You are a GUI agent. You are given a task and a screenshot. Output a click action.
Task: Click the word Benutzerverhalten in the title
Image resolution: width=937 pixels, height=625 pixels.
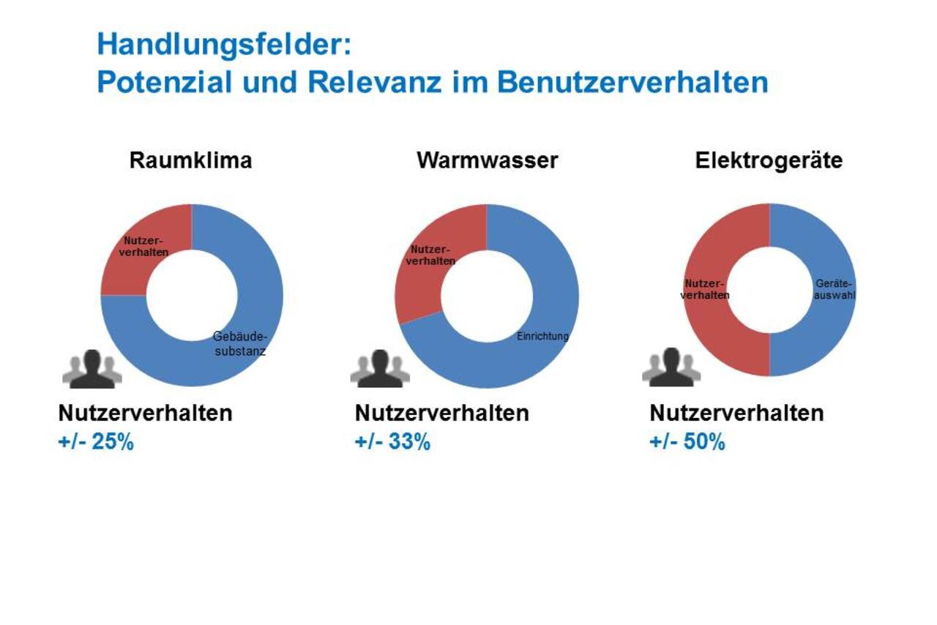click(x=632, y=82)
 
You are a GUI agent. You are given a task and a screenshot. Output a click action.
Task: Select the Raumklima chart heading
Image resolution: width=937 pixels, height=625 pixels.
click(x=190, y=160)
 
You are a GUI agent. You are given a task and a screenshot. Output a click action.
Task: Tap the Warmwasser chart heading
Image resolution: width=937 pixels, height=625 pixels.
click(x=487, y=160)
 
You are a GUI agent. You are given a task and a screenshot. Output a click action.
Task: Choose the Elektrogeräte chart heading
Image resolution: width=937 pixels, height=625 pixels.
click(x=769, y=160)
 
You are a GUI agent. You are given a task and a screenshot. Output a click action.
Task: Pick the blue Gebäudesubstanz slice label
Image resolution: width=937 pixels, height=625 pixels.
click(x=239, y=343)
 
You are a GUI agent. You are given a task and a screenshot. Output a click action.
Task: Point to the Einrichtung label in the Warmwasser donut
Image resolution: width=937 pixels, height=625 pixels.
click(x=542, y=337)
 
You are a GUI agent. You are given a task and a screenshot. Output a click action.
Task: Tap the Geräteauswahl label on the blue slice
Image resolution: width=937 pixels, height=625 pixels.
click(x=835, y=290)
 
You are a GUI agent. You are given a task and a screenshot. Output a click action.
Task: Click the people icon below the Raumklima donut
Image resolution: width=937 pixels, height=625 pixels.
click(x=92, y=369)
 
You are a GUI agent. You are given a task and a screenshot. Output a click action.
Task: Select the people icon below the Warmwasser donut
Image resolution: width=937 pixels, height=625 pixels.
click(x=380, y=369)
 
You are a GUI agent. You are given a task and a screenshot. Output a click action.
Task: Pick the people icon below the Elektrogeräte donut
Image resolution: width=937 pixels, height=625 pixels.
click(x=671, y=368)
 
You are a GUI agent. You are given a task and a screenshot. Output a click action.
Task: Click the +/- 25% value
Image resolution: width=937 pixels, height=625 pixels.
click(x=96, y=443)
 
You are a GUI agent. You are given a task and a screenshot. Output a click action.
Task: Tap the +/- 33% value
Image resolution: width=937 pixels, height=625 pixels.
click(x=392, y=443)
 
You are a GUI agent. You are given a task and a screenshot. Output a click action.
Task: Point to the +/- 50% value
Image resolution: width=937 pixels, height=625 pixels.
click(x=687, y=443)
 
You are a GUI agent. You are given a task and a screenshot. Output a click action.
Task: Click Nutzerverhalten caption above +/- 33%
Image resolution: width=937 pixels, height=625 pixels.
click(x=441, y=413)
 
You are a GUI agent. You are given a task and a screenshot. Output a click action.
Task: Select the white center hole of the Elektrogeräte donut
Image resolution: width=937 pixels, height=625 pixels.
click(x=769, y=290)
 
